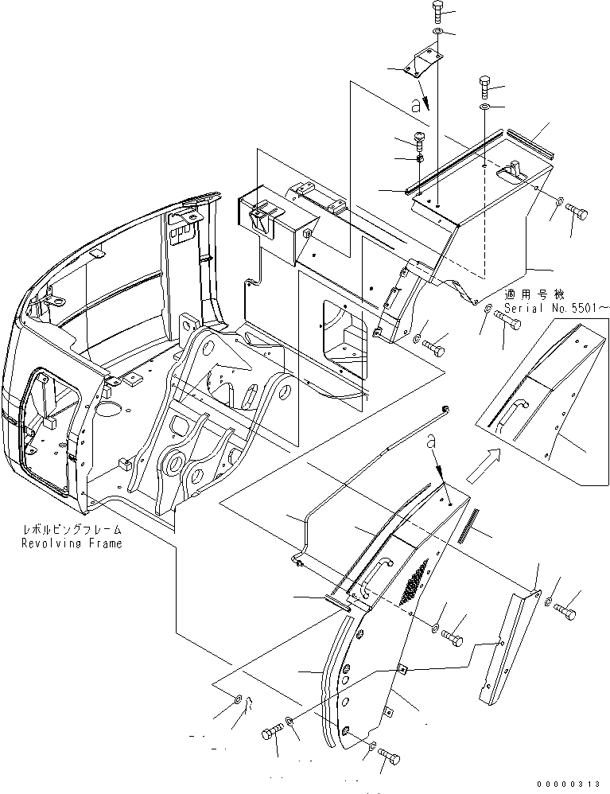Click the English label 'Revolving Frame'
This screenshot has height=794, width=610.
click(x=72, y=543)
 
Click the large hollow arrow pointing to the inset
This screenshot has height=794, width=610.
click(x=484, y=465)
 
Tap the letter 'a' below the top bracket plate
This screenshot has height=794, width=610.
click(x=414, y=104)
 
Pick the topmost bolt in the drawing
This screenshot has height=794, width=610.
click(x=440, y=11)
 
